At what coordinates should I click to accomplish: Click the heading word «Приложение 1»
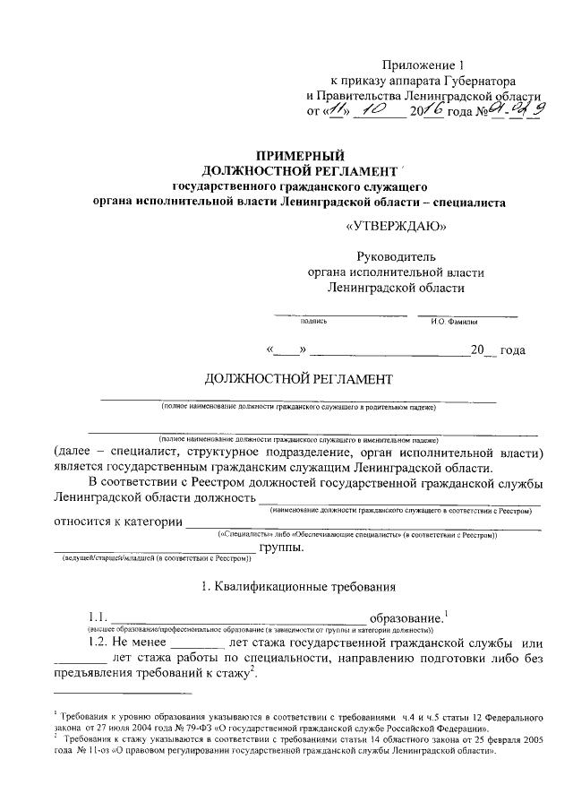click(x=424, y=65)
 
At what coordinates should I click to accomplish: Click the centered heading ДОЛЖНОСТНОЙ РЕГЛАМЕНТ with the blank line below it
click(x=298, y=379)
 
